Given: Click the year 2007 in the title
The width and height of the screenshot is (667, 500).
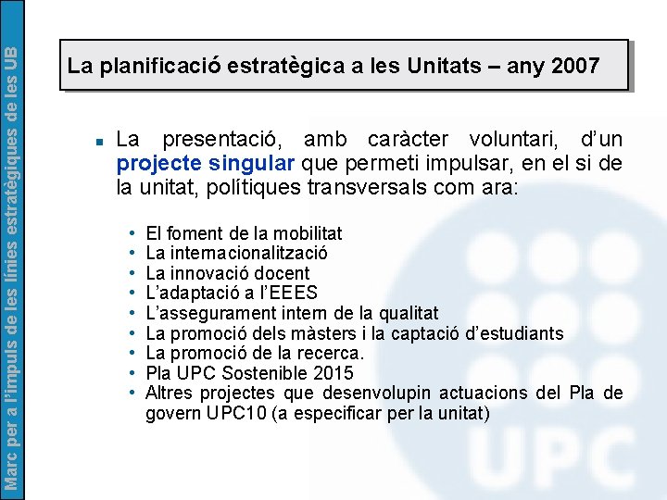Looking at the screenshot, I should [575, 66].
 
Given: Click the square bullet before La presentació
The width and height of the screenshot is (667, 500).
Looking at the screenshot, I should [96, 142].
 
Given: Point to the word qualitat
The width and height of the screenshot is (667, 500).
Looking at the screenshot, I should [405, 313].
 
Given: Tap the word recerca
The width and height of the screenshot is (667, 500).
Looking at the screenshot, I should [332, 353].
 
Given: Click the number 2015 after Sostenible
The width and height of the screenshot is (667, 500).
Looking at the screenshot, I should [333, 373].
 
